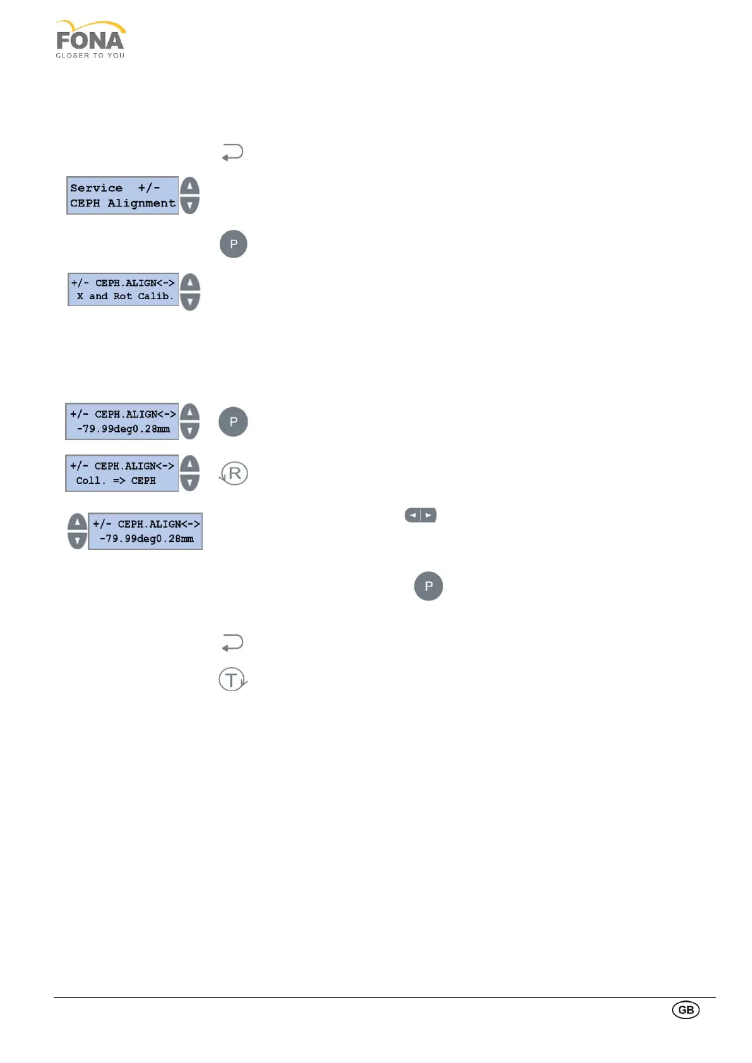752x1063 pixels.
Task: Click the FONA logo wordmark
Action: (x=90, y=41)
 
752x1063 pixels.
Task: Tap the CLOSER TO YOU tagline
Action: (x=90, y=56)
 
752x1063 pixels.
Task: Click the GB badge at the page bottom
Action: (x=686, y=1009)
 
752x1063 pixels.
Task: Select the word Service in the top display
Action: (x=96, y=188)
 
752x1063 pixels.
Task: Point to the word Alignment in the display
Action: (x=141, y=203)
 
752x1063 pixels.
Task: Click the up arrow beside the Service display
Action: (x=189, y=187)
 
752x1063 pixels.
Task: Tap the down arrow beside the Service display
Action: (x=189, y=205)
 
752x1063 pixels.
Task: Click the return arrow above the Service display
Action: (x=232, y=153)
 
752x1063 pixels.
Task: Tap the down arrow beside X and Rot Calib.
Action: (x=190, y=301)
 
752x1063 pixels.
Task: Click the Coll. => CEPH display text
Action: (x=116, y=480)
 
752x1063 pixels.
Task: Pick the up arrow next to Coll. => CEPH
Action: (x=189, y=465)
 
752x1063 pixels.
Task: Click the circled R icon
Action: (x=234, y=473)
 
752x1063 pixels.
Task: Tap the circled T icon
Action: (x=232, y=680)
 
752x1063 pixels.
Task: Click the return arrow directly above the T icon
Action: (x=232, y=643)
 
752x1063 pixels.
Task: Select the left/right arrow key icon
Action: (x=421, y=515)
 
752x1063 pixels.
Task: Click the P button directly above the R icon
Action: (x=233, y=422)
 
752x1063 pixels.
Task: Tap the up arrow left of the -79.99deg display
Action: (x=77, y=522)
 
